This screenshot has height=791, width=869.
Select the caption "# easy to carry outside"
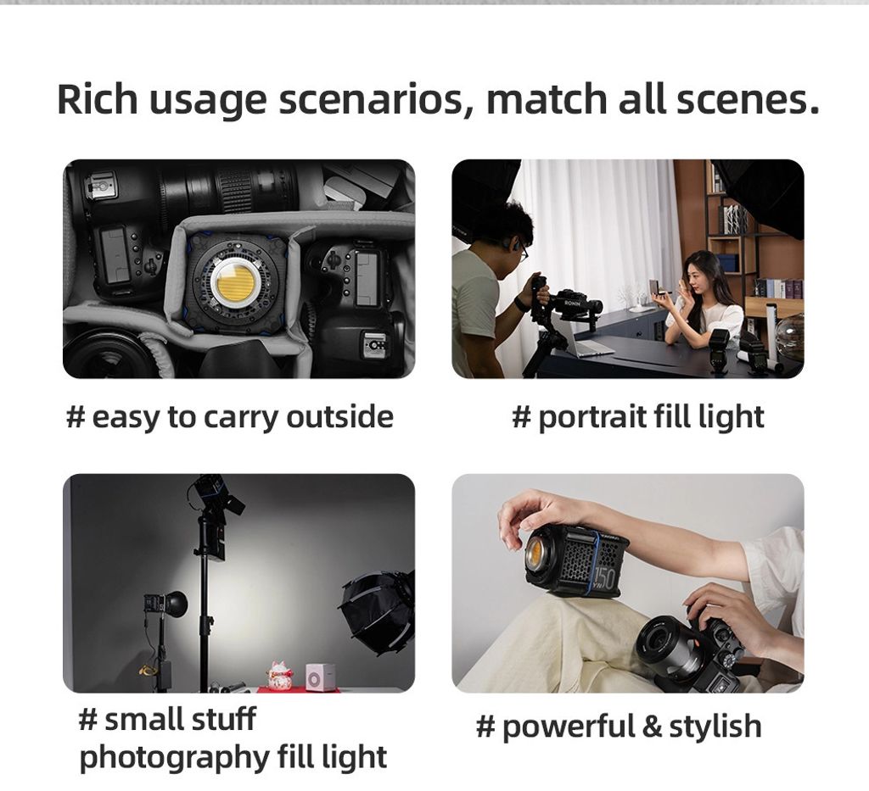click(229, 416)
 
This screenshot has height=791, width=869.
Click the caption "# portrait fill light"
click(638, 416)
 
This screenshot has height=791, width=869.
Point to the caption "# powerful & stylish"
click(619, 727)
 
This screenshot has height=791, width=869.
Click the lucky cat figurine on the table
click(279, 674)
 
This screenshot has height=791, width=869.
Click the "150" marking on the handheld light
click(604, 578)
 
